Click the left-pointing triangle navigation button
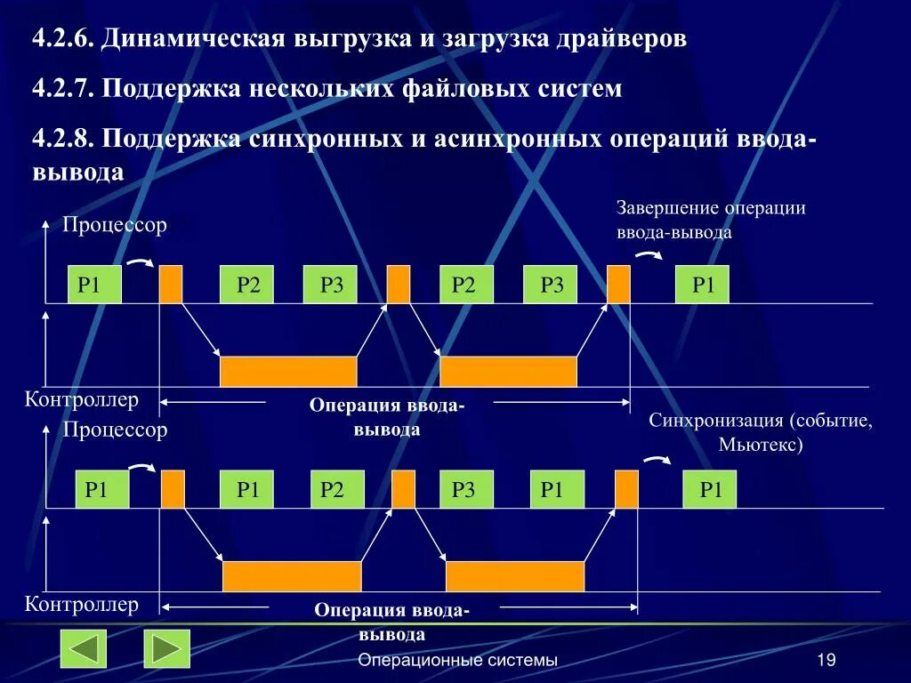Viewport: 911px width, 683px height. coord(83,648)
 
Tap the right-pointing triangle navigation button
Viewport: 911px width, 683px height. coord(167,648)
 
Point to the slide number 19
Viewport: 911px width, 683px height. coord(826,660)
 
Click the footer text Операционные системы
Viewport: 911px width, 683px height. coord(457,660)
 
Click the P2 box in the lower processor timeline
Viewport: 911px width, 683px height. coord(332,489)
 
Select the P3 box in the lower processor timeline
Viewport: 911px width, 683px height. coord(465,489)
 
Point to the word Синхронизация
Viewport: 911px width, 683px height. coord(708,421)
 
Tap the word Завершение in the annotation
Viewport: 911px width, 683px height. coord(666,208)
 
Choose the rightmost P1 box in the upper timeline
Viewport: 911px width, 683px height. coord(702,285)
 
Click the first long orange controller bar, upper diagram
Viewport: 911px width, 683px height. coord(288,371)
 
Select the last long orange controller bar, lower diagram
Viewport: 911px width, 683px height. coord(514,576)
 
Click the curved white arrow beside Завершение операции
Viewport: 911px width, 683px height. coord(648,255)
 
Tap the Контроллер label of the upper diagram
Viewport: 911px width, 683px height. coord(82,400)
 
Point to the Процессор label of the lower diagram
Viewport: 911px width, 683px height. coord(115,430)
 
